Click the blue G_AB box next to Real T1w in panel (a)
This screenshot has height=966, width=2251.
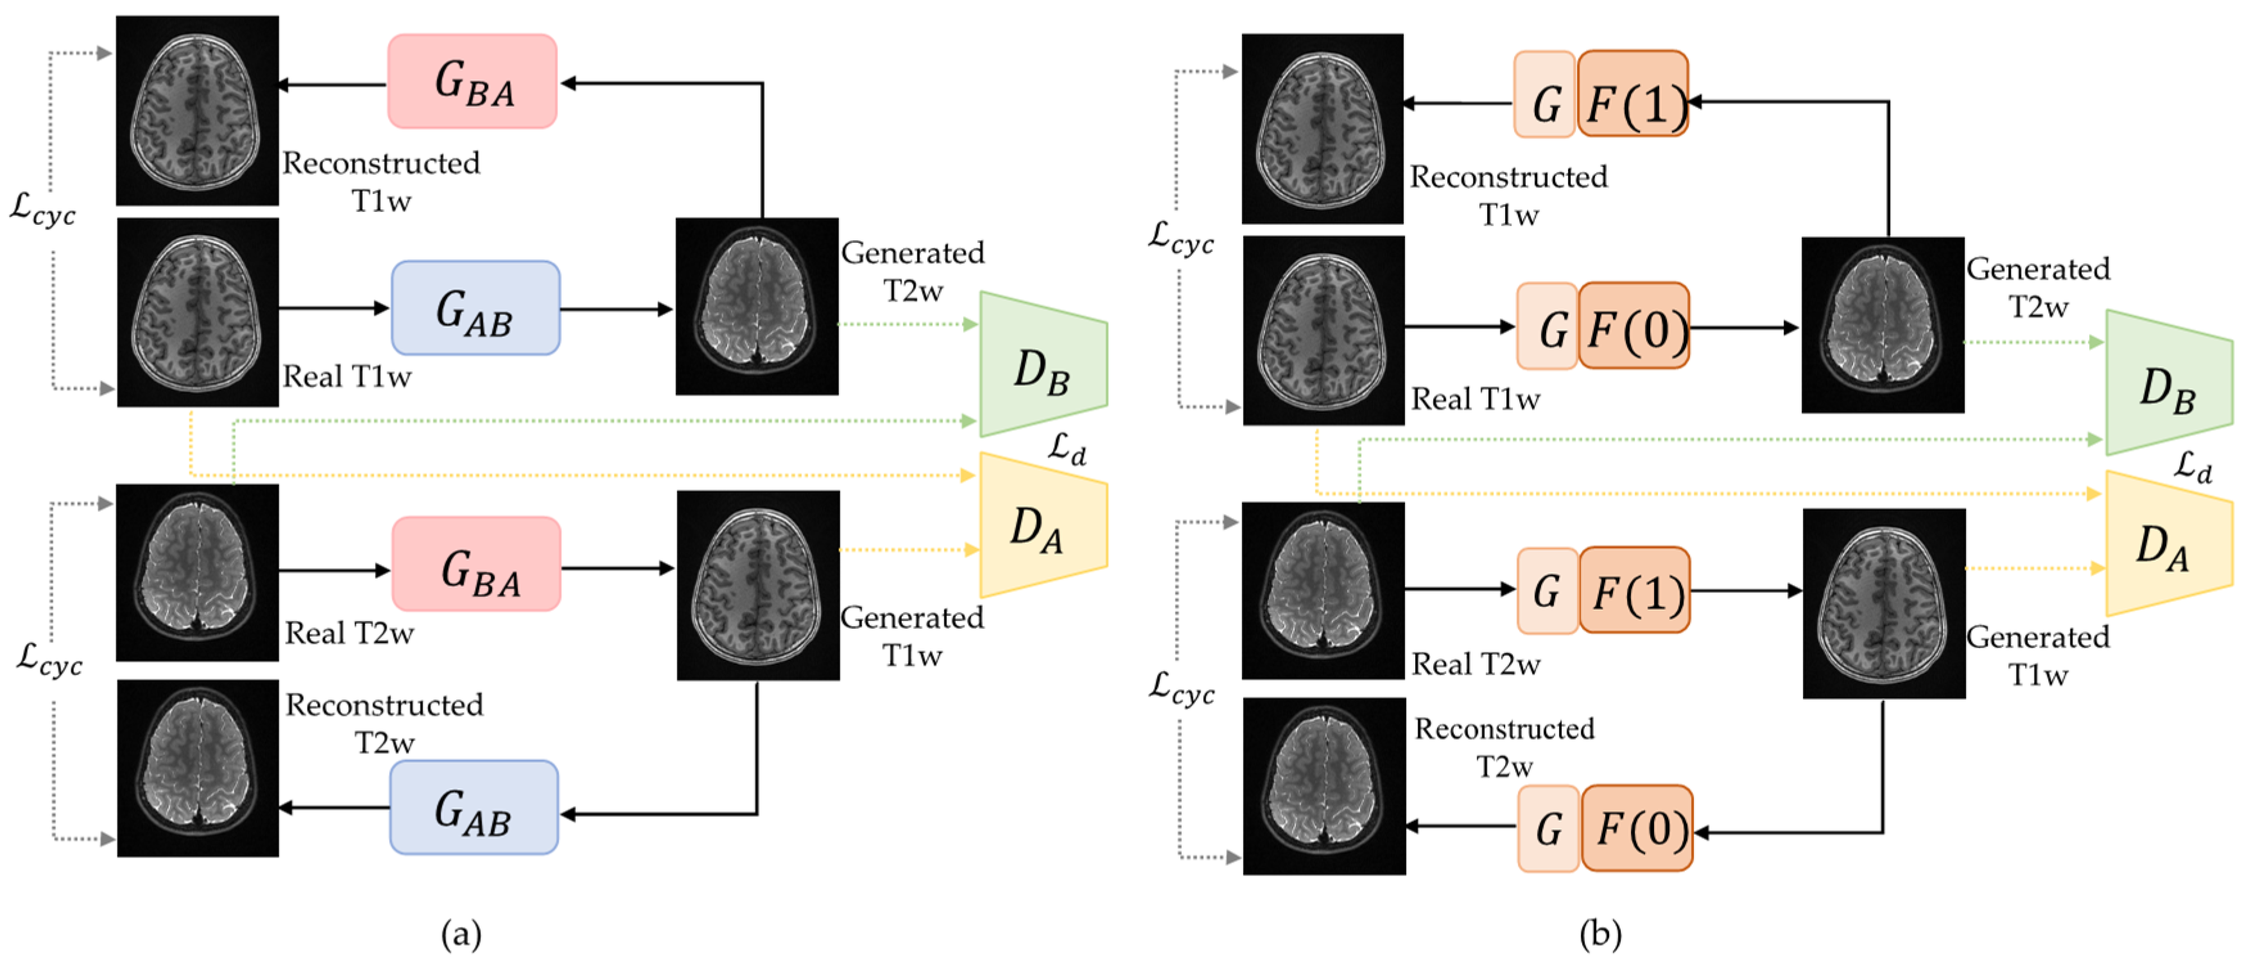tap(476, 308)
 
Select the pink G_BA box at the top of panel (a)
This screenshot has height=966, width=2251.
tap(472, 82)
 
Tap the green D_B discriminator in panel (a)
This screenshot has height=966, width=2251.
tap(1042, 365)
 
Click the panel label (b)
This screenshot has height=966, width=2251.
tap(1600, 934)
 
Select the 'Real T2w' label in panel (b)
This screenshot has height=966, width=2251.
tap(1476, 663)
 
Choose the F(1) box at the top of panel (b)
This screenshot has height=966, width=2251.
tap(1633, 94)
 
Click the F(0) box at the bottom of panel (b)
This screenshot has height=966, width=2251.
tap(1637, 828)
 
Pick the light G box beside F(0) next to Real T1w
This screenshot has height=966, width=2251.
tap(1547, 326)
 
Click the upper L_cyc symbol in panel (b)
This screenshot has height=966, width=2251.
tap(1180, 237)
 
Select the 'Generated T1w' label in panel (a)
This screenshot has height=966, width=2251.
tap(912, 636)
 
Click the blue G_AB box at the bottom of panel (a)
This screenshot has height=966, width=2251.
tap(474, 807)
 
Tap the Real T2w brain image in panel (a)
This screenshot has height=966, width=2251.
tap(198, 573)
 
